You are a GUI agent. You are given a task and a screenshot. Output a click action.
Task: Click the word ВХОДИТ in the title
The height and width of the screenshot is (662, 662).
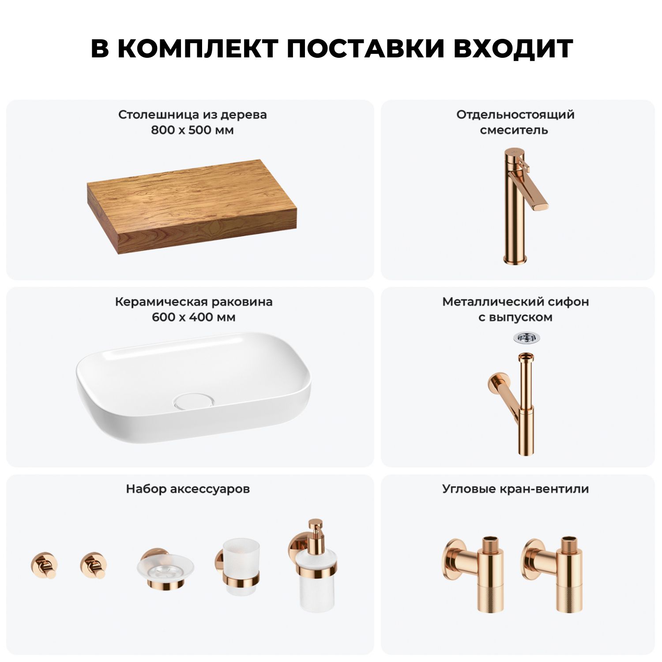click(x=513, y=49)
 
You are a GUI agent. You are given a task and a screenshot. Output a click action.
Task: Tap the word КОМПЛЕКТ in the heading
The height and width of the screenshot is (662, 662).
click(x=198, y=49)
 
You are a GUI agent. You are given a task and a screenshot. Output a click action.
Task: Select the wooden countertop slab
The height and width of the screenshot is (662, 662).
click(x=192, y=207)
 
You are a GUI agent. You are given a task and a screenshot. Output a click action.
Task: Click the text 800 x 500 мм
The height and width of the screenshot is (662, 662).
click(x=192, y=130)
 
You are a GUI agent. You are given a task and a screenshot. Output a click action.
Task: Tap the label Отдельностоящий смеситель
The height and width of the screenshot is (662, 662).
click(x=515, y=122)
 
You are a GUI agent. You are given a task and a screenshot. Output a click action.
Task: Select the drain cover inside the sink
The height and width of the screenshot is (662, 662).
click(x=194, y=401)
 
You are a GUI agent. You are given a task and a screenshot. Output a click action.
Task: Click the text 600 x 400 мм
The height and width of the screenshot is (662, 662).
click(x=193, y=317)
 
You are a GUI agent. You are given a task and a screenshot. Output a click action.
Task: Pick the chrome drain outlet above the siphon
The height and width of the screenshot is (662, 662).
click(x=527, y=338)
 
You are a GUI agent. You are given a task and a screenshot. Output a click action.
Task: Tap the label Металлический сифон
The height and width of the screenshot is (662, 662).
click(x=515, y=302)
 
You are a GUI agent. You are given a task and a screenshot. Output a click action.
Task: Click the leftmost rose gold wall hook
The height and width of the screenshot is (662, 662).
click(x=44, y=565)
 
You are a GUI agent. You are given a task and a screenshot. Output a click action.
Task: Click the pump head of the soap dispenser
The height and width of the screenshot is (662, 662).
click(x=315, y=529)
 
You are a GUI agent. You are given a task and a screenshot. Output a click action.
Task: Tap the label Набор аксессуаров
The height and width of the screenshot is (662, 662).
click(x=188, y=489)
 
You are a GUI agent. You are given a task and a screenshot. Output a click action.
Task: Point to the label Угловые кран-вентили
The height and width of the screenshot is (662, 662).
click(x=515, y=489)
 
